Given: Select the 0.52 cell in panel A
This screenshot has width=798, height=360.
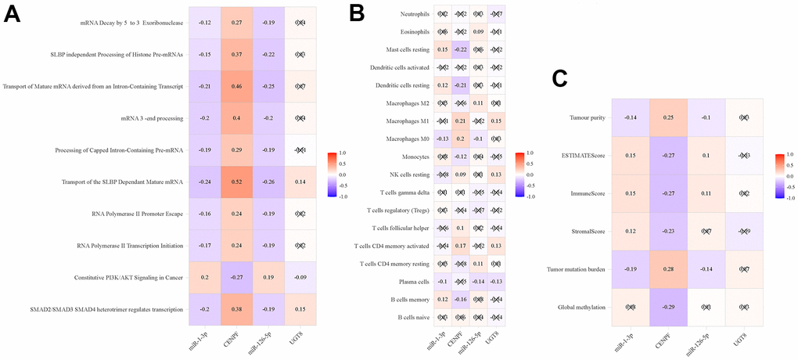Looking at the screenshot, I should (235, 182).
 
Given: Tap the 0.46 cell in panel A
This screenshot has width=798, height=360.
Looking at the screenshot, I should (235, 86).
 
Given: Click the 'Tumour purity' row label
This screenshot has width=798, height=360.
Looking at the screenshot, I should (581, 118).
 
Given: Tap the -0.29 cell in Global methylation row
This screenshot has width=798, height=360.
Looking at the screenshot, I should (670, 307).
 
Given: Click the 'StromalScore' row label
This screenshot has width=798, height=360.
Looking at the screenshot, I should (583, 232).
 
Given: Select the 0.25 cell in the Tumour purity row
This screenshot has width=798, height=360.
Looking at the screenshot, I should (670, 118).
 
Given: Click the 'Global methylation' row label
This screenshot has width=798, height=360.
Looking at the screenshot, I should (576, 308).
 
